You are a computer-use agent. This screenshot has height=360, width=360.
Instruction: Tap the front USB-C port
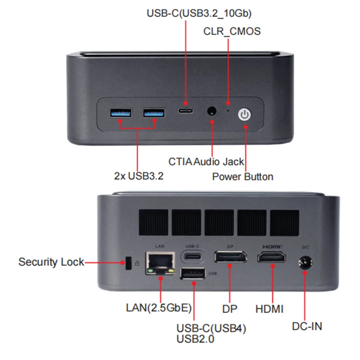(185, 110)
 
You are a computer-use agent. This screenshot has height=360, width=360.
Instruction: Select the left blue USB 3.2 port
(121, 113)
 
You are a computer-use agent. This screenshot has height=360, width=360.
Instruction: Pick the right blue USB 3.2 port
(154, 113)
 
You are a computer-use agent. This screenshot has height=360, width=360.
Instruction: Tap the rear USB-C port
(193, 257)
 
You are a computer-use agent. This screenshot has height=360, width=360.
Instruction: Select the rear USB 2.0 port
(193, 274)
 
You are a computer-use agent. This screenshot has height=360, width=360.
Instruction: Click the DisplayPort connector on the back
(230, 257)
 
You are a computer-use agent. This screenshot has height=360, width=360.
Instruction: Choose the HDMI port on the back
(272, 258)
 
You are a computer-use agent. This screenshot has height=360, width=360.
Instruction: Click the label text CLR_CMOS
(232, 31)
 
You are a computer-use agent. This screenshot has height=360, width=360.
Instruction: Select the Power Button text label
(242, 177)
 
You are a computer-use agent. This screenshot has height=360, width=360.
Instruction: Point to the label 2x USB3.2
(139, 176)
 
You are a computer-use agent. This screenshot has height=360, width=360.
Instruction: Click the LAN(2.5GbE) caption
(159, 309)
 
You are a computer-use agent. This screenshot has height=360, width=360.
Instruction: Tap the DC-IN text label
(307, 326)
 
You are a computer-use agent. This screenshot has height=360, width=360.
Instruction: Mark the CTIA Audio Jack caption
(206, 162)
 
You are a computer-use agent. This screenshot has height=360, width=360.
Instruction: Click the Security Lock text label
(51, 262)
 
